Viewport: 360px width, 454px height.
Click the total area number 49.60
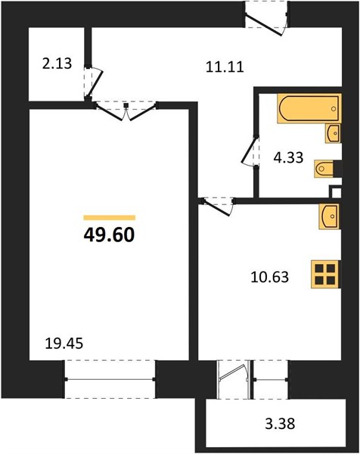tap(110, 235)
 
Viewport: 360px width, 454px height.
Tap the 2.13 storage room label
tap(57, 64)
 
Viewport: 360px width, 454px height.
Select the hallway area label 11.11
tap(225, 67)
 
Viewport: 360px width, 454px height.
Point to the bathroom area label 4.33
tap(288, 158)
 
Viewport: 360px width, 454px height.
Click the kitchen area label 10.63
tap(270, 277)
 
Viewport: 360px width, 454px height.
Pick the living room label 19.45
tap(64, 344)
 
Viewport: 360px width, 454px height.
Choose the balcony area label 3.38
tap(280, 424)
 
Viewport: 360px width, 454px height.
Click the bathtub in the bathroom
tap(309, 108)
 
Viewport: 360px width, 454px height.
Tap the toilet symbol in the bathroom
tap(324, 168)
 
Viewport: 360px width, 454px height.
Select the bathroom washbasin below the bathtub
tap(333, 133)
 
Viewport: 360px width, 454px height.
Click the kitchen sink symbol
tap(331, 216)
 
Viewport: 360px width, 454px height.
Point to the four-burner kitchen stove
tap(326, 275)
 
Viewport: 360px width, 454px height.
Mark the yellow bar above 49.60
tap(110, 218)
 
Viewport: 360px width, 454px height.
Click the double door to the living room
tap(126, 110)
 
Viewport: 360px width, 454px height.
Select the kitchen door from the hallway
tap(218, 206)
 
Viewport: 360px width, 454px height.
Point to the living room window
tap(110, 379)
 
